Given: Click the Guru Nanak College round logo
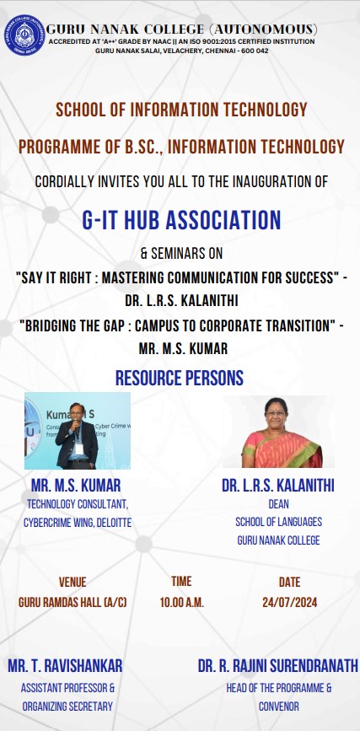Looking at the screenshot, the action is point(24,35).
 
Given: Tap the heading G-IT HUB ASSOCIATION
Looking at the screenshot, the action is point(181,220).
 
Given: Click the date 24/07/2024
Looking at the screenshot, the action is point(289,602).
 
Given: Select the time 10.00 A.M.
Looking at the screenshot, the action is point(182,602).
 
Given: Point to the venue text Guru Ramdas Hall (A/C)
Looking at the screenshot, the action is point(73,602).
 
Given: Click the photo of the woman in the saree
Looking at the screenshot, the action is point(278,433).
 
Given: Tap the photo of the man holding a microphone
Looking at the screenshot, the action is point(78,431).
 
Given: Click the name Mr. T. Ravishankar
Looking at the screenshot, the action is point(65,665).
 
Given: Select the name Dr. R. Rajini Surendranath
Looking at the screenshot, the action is point(278,665).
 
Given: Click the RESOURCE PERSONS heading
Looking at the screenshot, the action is point(180,378).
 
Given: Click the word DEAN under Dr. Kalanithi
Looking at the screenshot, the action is point(278,504).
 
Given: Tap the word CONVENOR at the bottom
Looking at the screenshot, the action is point(279,707).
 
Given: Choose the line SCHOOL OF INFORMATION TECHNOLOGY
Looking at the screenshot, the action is point(181,110).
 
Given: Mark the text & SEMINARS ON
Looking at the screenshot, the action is point(181,254).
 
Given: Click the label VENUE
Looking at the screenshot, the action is point(73,582).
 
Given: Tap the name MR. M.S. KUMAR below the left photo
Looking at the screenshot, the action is point(76,486).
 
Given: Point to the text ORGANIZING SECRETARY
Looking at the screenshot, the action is point(67,707).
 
